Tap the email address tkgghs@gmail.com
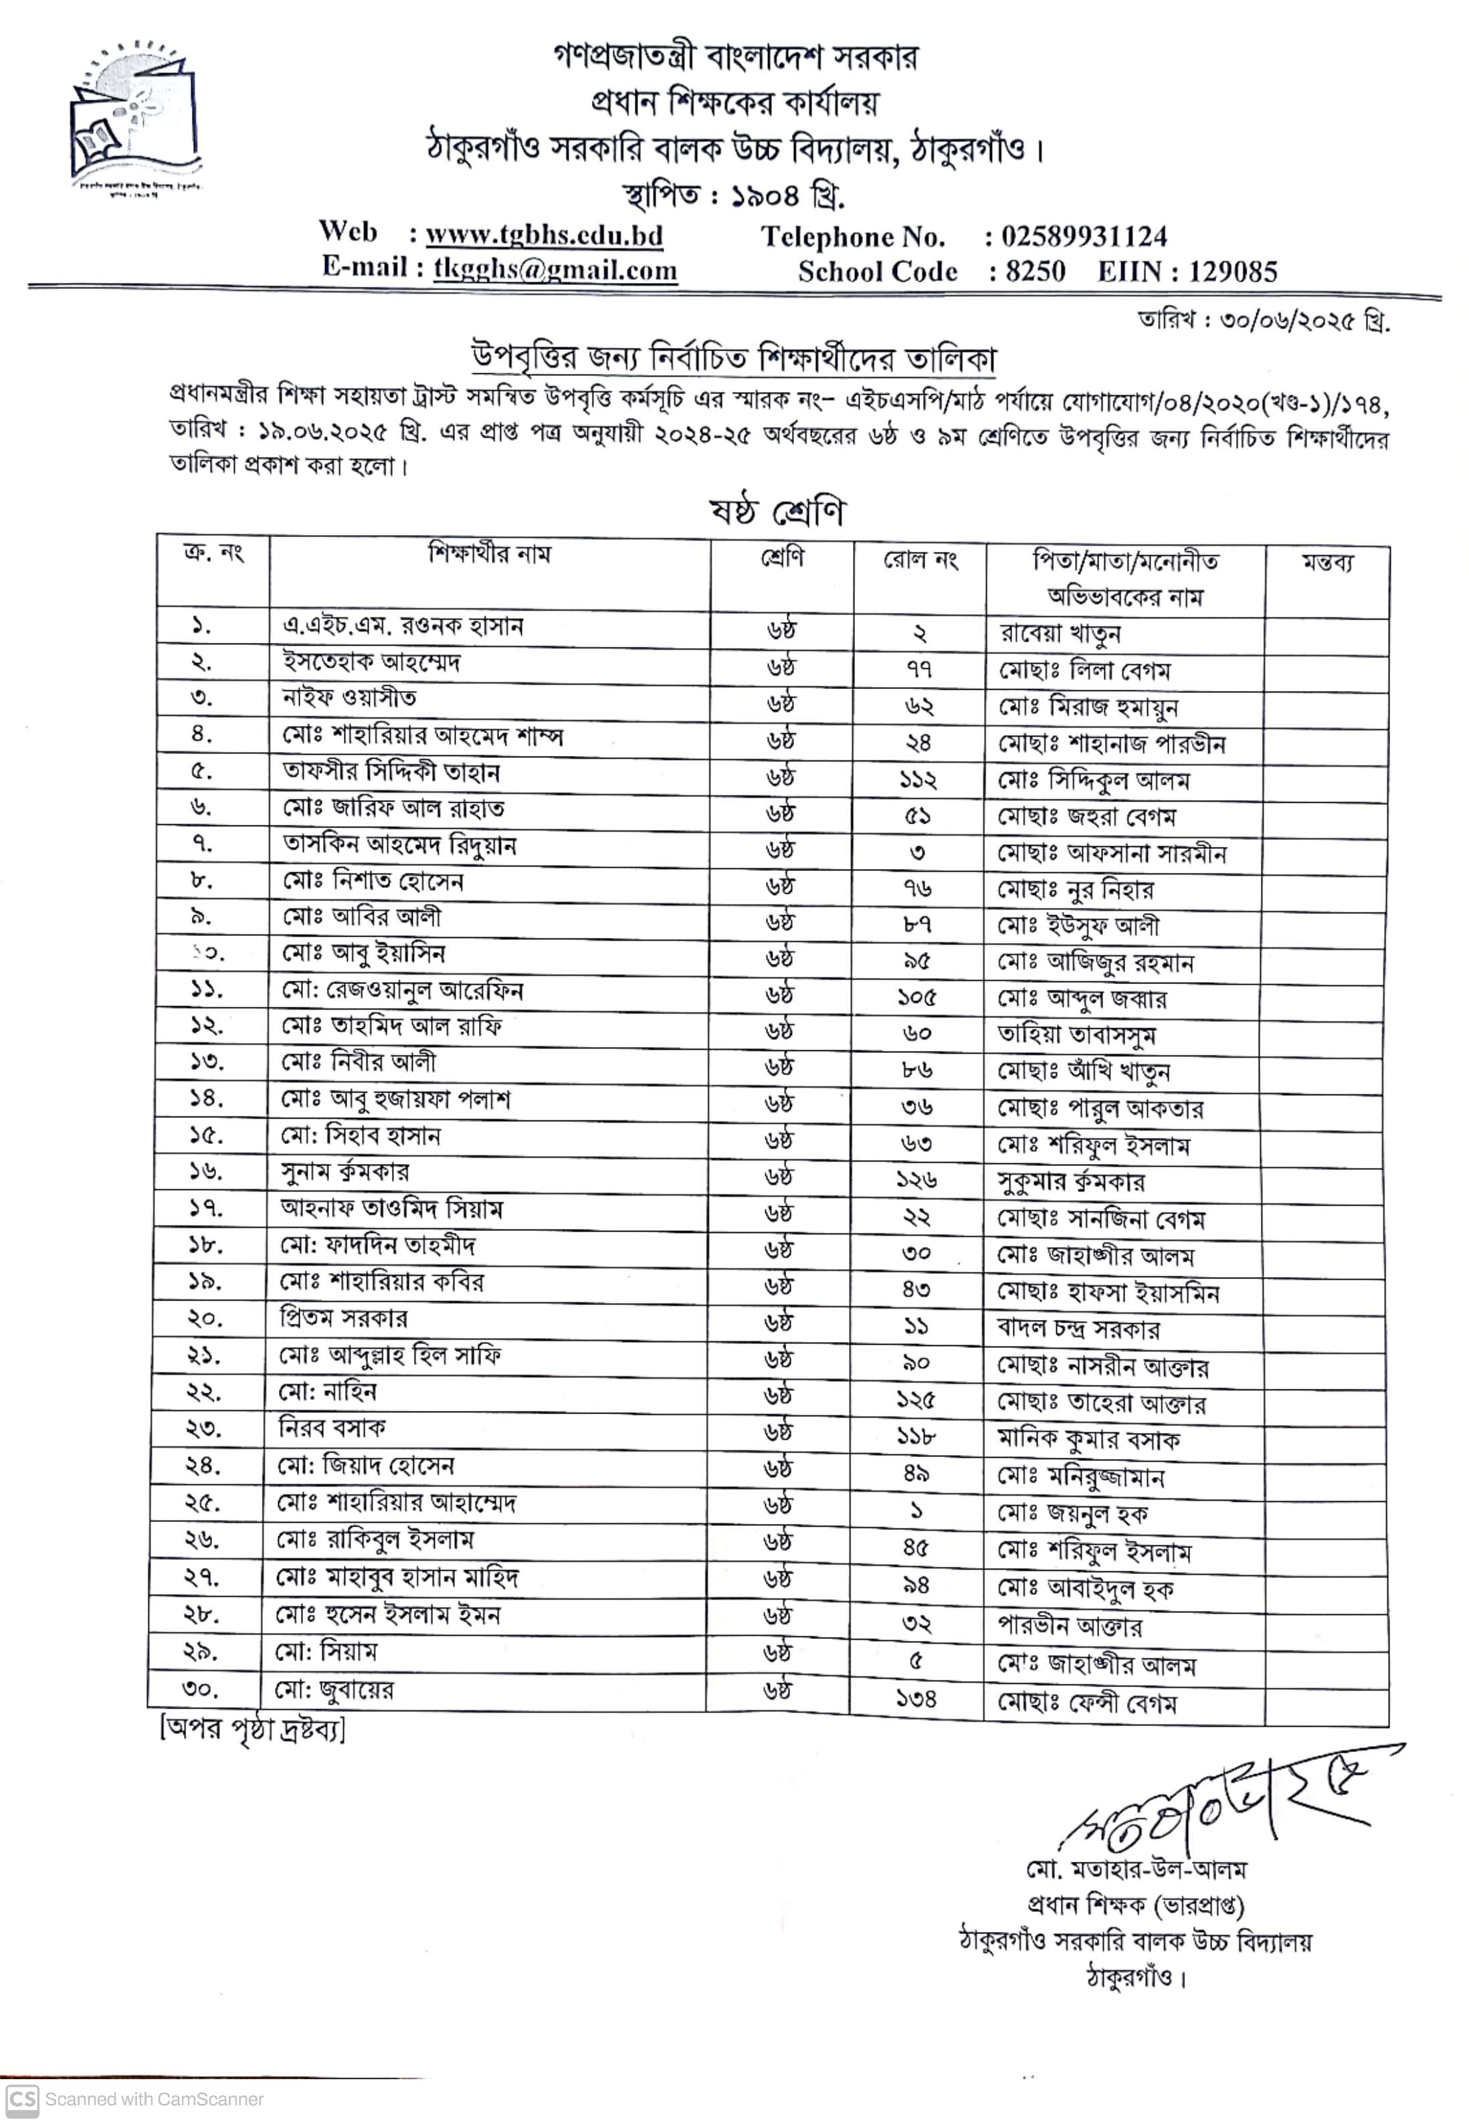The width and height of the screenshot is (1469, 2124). coord(555,269)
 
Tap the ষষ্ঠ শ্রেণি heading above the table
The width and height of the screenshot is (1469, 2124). coord(776,512)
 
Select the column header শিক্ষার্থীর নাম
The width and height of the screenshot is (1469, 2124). coord(489,554)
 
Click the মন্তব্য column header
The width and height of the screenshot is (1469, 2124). coord(1327,563)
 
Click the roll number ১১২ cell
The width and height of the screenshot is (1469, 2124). coord(918,779)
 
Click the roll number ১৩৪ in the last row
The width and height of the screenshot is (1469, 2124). coord(916,1698)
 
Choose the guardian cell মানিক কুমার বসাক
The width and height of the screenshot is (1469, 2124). coord(1088,1440)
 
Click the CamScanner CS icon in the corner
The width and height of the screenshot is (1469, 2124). coord(22,2099)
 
